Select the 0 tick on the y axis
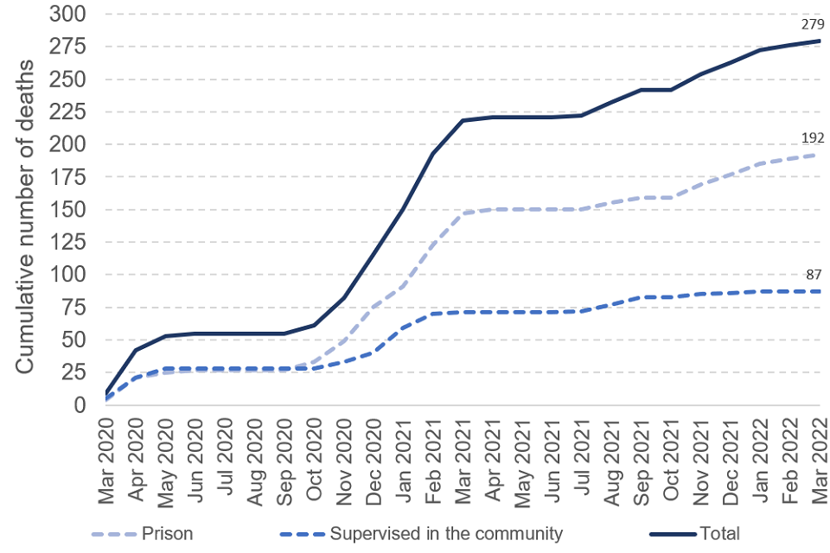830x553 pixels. click(81, 405)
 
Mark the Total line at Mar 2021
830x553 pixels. click(463, 120)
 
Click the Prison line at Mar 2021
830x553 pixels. click(463, 213)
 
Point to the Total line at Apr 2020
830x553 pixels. click(136, 350)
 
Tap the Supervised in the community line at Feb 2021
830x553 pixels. click(432, 313)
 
